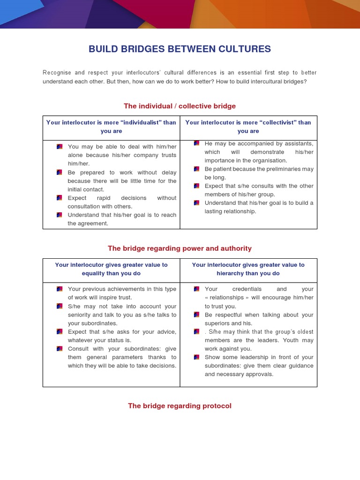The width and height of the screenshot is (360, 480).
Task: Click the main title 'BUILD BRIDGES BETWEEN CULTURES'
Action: point(180,49)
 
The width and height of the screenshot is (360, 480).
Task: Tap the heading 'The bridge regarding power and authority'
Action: point(180,248)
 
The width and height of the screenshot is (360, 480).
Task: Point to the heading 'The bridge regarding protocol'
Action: point(180,406)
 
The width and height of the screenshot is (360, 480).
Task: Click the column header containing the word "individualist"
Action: point(111,127)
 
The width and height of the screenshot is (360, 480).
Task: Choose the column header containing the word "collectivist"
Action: point(248,127)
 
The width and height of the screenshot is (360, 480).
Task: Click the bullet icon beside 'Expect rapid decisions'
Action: point(60,198)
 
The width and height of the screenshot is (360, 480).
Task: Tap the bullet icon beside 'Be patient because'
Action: point(196,169)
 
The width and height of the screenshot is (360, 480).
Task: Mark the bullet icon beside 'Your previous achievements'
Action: point(60,289)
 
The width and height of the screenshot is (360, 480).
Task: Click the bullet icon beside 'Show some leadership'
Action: point(196,357)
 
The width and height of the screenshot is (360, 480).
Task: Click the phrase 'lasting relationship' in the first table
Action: point(231,211)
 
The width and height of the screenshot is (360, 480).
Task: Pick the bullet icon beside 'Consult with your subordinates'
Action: point(60,349)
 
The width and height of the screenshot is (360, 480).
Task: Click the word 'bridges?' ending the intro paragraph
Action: point(295,82)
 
